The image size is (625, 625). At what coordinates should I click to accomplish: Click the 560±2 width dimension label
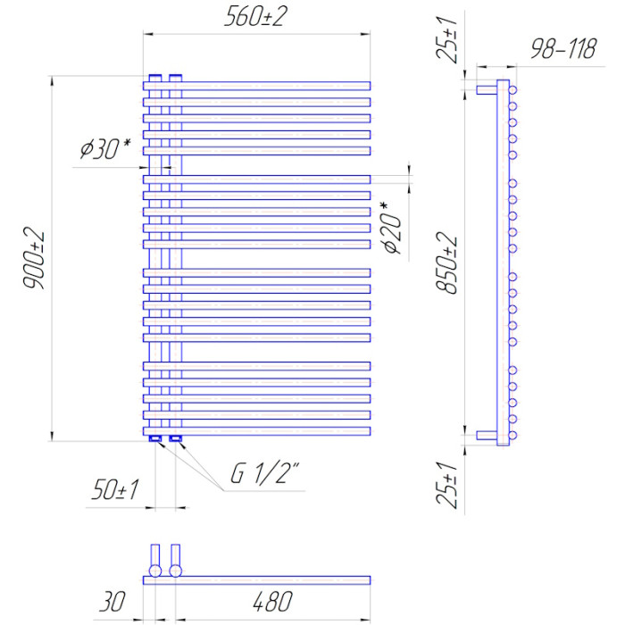[x=255, y=17]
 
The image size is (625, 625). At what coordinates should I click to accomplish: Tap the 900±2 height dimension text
[x=34, y=258]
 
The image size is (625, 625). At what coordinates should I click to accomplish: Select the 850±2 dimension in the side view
[x=446, y=263]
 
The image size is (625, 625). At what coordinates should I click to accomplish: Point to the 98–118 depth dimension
[x=563, y=48]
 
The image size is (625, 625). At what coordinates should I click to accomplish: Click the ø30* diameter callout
[x=105, y=149]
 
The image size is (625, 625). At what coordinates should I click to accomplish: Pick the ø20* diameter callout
[x=392, y=228]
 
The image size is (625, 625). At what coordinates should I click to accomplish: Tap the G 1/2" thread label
[x=265, y=473]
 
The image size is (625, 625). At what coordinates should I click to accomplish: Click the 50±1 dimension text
[x=115, y=489]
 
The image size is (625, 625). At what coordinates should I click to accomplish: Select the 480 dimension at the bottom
[x=273, y=602]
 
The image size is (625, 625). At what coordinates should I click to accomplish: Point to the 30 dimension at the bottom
[x=112, y=602]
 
